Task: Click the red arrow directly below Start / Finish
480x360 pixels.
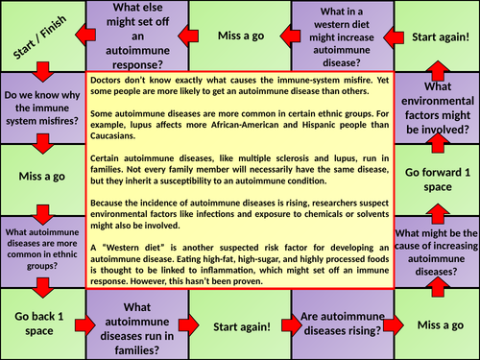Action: coord(40,73)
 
